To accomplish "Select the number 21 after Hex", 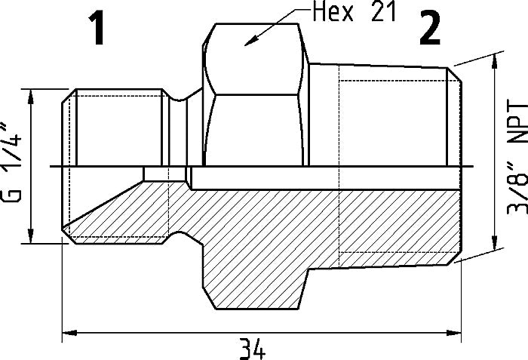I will coord(380,14).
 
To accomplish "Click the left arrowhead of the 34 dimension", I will coord(66,331).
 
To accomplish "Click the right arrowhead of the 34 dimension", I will coord(456,331).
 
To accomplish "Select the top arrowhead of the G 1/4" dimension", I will coord(30,96).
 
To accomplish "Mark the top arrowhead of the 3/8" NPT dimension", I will coord(495,65).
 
